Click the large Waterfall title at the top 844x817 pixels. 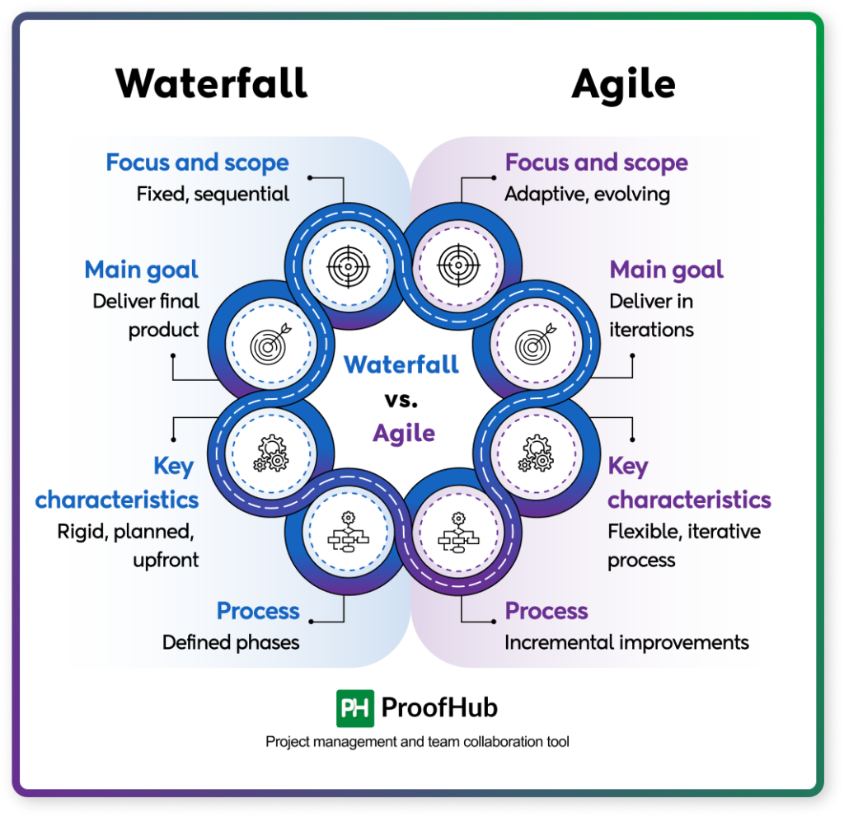point(212,83)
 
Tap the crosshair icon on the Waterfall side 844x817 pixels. point(345,265)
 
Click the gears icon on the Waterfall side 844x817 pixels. point(271,453)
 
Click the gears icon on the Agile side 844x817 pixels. point(537,453)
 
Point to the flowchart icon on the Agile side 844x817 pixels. point(459,533)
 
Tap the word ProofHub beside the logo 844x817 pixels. point(438,708)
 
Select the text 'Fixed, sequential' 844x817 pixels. point(213,195)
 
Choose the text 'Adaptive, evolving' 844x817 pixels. point(587,195)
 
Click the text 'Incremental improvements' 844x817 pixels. point(626,642)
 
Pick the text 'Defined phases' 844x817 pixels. point(231,642)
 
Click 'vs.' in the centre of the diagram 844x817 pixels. point(401,400)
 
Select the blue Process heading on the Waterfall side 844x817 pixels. point(258,611)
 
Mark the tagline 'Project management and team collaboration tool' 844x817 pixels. point(417,742)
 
